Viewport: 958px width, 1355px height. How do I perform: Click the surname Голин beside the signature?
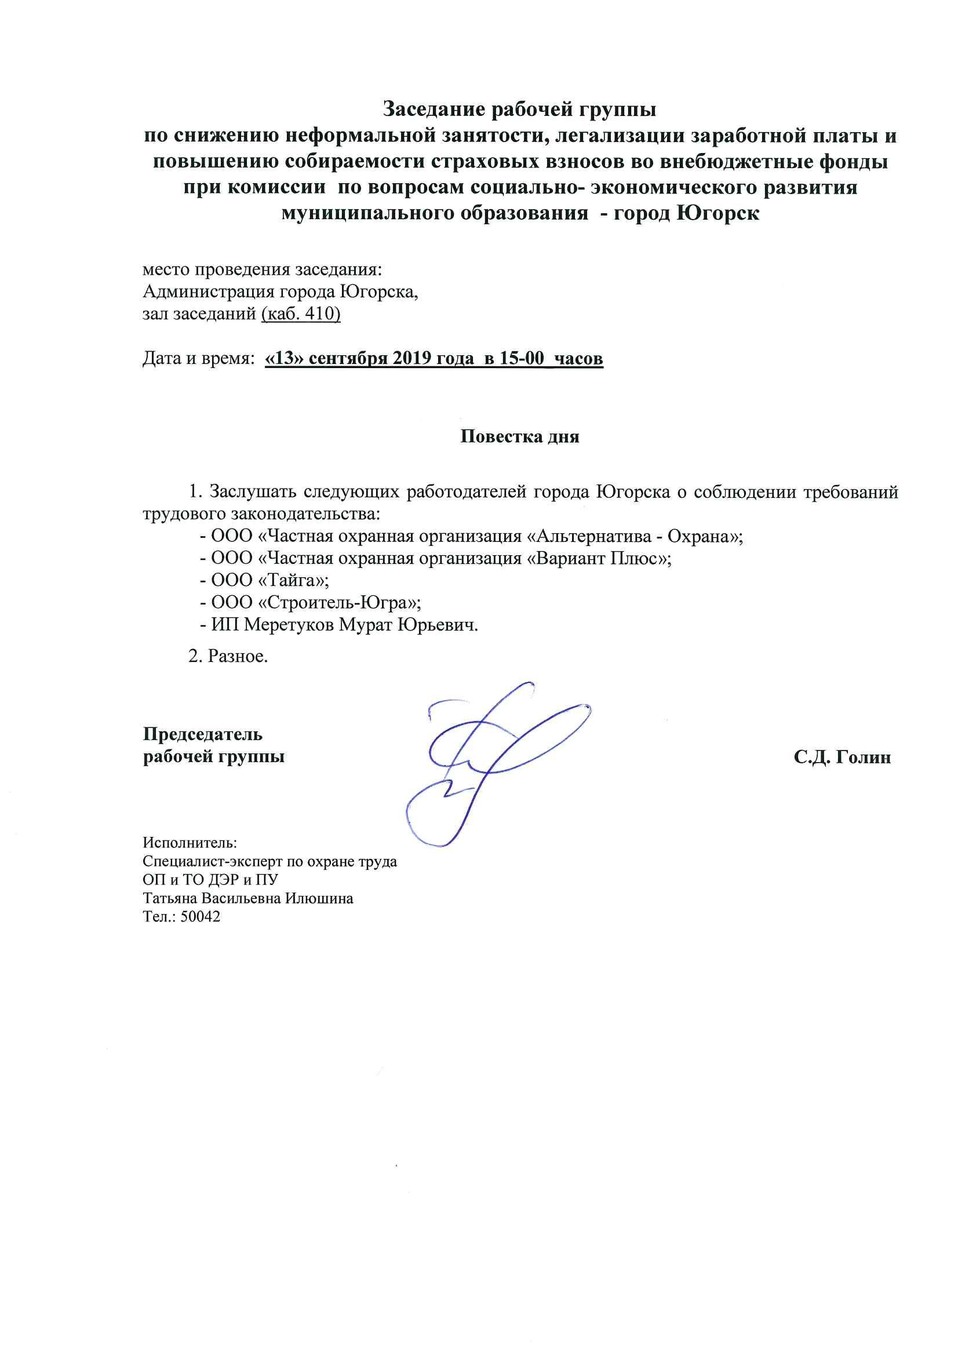pyautogui.click(x=857, y=757)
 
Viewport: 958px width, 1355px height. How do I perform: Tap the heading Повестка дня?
pyautogui.click(x=519, y=437)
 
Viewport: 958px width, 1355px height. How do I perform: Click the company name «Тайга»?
pyautogui.click(x=294, y=581)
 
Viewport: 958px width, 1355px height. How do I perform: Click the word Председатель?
pyautogui.click(x=203, y=735)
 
